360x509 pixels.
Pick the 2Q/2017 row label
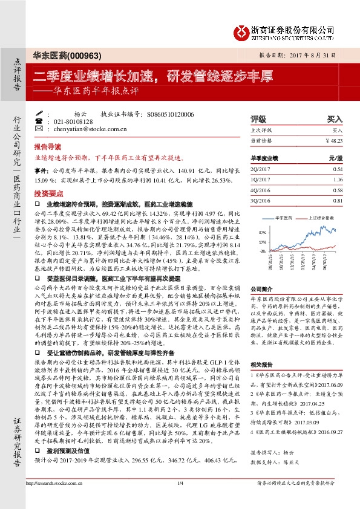pos(260,170)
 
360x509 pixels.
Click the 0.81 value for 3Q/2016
pos(338,199)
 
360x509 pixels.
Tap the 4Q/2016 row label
pos(260,190)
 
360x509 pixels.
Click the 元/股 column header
pos(336,158)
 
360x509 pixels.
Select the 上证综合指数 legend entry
pos(320,216)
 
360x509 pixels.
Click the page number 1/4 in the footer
pos(180,499)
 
